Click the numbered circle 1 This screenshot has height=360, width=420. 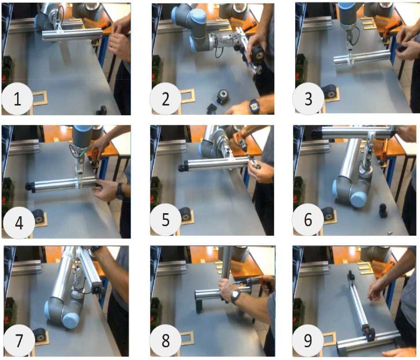pyautogui.click(x=17, y=99)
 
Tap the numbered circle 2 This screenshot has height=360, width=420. pyautogui.click(x=165, y=99)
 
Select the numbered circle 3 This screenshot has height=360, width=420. pyautogui.click(x=308, y=99)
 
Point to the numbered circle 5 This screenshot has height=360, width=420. pyautogui.click(x=165, y=219)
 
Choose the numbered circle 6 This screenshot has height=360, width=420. pyautogui.click(x=308, y=219)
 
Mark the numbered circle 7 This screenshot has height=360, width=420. pyautogui.click(x=19, y=341)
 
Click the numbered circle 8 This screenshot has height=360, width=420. pyautogui.click(x=165, y=341)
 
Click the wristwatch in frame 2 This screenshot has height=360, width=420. pyautogui.click(x=254, y=106)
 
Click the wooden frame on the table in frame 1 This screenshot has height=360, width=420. pyautogui.click(x=40, y=98)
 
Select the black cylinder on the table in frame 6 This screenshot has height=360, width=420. pyautogui.click(x=383, y=211)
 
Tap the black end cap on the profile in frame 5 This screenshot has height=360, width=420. pyautogui.click(x=182, y=167)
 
